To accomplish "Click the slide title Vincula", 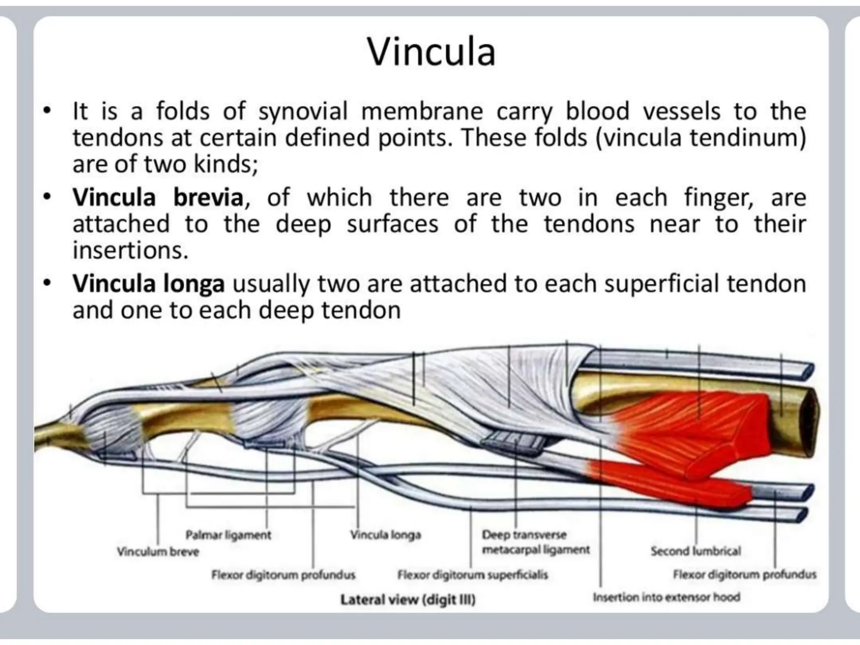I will coord(431,52).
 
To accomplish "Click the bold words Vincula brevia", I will coord(157,197).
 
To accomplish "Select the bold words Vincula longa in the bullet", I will coord(149,284).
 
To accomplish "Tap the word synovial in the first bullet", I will coord(303,112).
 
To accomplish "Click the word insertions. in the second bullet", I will coord(131,251).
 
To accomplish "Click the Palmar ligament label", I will coord(228,535).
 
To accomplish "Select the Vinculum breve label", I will coord(158,551).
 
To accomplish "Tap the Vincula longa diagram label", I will coord(385,535).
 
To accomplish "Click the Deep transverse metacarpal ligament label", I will coord(535,542).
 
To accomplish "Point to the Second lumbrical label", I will coord(696,551).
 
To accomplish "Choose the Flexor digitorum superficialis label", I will coord(472,574).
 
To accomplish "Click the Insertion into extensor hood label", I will coord(666,597).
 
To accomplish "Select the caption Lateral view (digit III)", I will coord(408,599).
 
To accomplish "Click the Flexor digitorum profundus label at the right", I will coord(745,574).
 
